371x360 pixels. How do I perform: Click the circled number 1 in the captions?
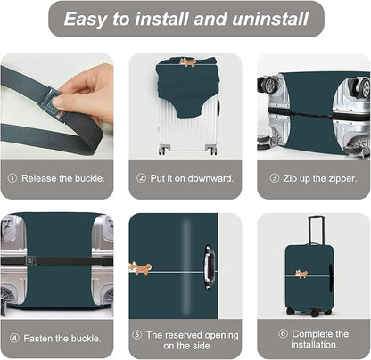12,176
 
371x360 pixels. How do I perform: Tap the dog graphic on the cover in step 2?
188,62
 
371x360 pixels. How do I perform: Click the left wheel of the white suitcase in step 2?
163,150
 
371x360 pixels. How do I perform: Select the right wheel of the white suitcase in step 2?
211,150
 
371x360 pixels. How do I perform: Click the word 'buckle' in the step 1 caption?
86,176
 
